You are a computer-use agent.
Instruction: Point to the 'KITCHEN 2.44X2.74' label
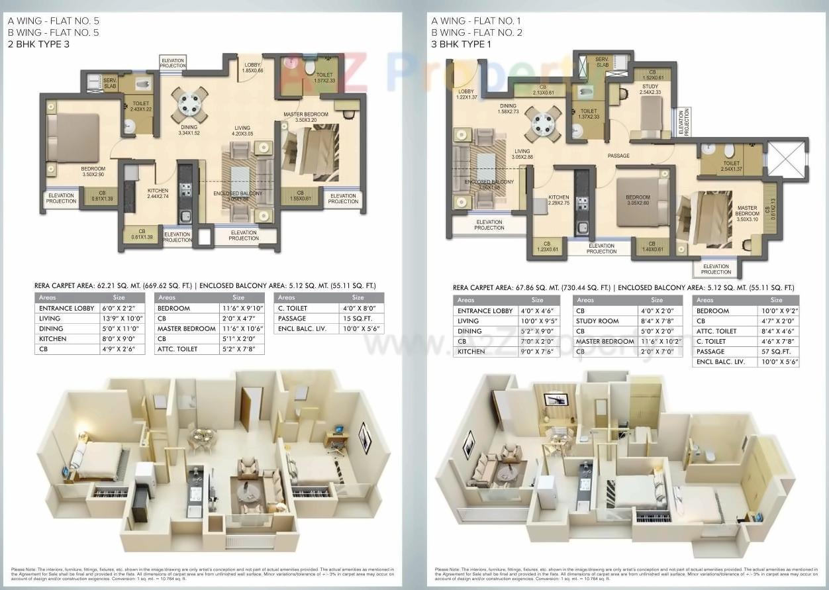158,193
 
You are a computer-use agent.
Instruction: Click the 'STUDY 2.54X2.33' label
650,89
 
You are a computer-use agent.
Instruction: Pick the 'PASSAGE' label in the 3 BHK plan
618,156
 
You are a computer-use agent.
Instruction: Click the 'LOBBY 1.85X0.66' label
252,68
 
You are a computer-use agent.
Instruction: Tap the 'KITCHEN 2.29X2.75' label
558,200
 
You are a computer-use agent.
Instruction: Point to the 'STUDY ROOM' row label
597,321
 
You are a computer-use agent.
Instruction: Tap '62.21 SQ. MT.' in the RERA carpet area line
127,285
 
